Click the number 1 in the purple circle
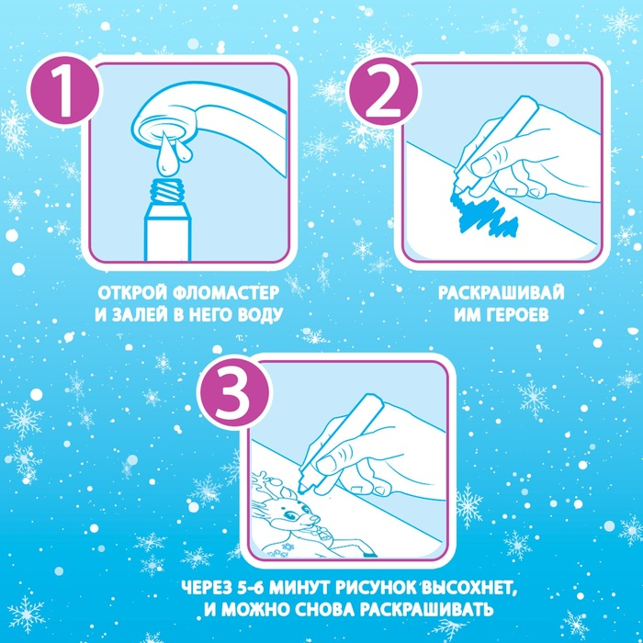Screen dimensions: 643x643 pos(65,92)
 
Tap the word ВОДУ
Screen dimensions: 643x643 pos(261,315)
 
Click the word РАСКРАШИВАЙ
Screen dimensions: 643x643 pos(502,293)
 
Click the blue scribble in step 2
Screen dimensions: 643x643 pos(483,212)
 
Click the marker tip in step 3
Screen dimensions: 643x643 pos(302,488)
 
